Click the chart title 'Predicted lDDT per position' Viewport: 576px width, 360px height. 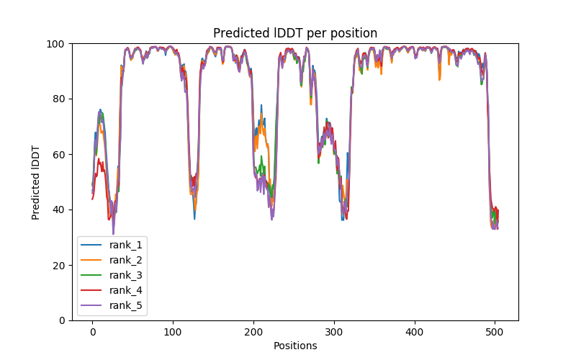click(295, 33)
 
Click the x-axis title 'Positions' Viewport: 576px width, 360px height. click(295, 346)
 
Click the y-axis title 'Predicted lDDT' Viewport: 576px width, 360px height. click(36, 182)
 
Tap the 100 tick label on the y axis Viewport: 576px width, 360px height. click(55, 44)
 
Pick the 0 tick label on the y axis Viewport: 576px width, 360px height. click(61, 321)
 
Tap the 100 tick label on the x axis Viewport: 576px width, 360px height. click(173, 332)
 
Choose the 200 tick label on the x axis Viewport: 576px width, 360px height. click(253, 332)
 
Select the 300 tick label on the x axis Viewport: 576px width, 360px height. click(334, 332)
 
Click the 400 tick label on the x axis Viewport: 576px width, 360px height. click(414, 332)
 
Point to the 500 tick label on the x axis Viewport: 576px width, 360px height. click(495, 332)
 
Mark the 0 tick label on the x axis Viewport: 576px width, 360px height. click(92, 332)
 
